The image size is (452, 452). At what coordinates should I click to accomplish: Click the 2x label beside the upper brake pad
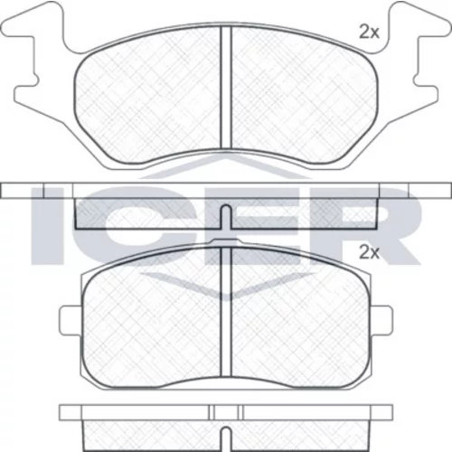(369, 33)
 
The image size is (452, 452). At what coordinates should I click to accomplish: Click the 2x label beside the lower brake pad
(369, 253)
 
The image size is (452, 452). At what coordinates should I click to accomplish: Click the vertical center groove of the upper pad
(226, 88)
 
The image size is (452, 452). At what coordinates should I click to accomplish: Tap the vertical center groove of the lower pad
(226, 312)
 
